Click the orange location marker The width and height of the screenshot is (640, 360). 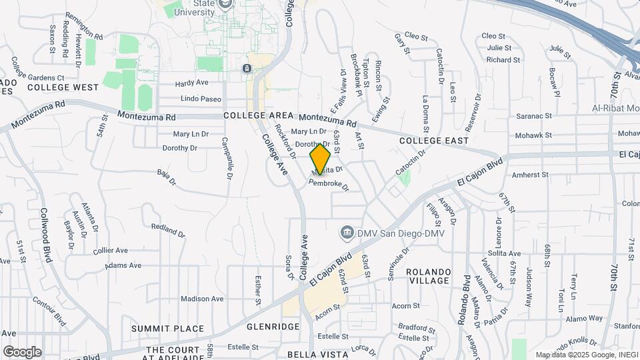pos(320,159)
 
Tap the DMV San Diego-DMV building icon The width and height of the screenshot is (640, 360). pos(347,233)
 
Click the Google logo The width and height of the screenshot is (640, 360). pos(22,351)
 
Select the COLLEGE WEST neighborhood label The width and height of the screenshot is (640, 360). pos(63,87)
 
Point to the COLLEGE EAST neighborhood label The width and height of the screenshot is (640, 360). pos(434,141)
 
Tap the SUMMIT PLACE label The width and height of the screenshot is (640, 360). pos(158,329)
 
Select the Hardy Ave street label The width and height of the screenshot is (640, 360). pos(192,83)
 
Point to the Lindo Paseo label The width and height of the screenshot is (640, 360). pos(201,99)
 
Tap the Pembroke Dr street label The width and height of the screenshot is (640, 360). pos(329,183)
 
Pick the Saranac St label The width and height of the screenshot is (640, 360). pos(533,116)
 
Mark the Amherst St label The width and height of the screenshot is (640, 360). pos(531,175)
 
